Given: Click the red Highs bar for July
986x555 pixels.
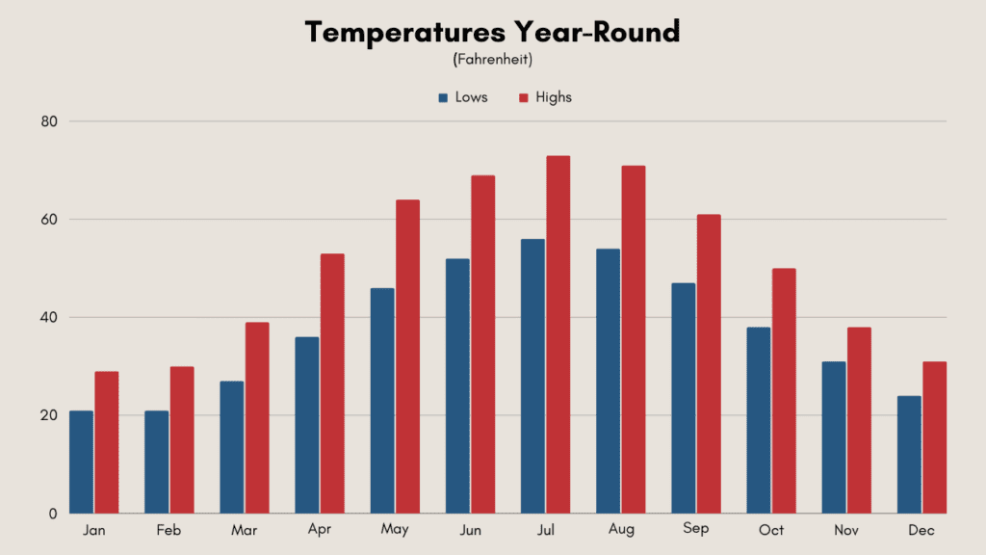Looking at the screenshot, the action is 558,334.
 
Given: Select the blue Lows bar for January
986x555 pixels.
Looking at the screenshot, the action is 81,462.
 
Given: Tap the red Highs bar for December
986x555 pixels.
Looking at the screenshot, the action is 934,437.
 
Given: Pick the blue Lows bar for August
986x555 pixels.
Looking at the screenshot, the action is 609,381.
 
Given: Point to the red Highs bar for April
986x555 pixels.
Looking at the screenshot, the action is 332,383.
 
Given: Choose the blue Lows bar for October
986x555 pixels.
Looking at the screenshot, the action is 759,420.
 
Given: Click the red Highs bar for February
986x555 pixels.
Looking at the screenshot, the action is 182,439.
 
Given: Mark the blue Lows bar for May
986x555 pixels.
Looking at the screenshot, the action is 382,401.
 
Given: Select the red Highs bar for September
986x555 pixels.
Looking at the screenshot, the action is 709,363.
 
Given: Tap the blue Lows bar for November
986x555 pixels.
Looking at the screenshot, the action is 834,437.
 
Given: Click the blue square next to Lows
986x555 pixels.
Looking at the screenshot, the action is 443,97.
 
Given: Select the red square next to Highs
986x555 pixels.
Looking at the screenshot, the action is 523,97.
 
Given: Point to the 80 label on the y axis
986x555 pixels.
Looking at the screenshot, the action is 49,121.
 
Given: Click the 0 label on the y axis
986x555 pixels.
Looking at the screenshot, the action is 53,514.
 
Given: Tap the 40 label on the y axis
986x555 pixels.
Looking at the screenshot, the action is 49,317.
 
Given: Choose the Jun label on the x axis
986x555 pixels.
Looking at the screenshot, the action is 470,530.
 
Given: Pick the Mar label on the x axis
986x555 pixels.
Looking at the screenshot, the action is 244,530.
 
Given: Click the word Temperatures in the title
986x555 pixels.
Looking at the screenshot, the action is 405,33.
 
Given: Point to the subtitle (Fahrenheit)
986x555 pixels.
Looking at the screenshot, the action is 492,59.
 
